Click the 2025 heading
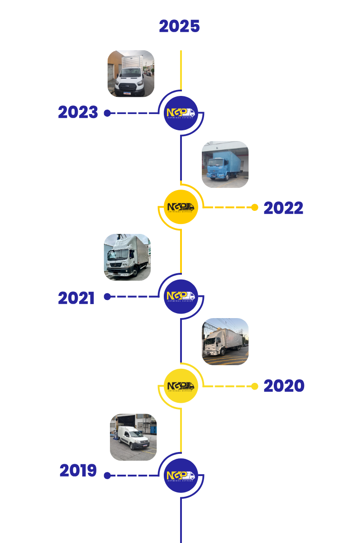(179, 27)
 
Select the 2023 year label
(78, 113)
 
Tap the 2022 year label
(283, 208)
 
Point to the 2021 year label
(76, 298)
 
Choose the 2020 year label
(284, 386)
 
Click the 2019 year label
(78, 471)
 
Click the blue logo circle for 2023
(181, 113)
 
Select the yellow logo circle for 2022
(181, 207)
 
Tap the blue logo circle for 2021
(181, 296)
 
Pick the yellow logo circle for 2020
(181, 386)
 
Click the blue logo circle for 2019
(181, 476)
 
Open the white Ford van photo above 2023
(131, 73)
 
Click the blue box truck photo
(225, 164)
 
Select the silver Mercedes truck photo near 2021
(127, 257)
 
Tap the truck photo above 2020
(225, 342)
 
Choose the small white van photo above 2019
(133, 437)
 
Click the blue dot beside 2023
(107, 113)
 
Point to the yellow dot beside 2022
(255, 207)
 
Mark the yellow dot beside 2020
(255, 386)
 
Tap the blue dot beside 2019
(107, 476)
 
